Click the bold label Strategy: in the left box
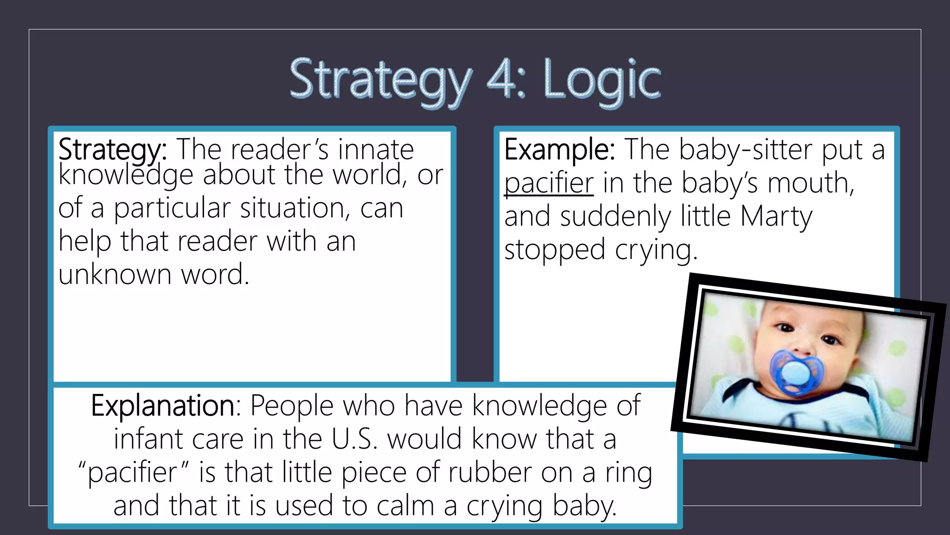tap(112, 150)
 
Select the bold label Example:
tap(559, 150)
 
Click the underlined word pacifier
tap(549, 183)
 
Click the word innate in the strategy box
tap(376, 150)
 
